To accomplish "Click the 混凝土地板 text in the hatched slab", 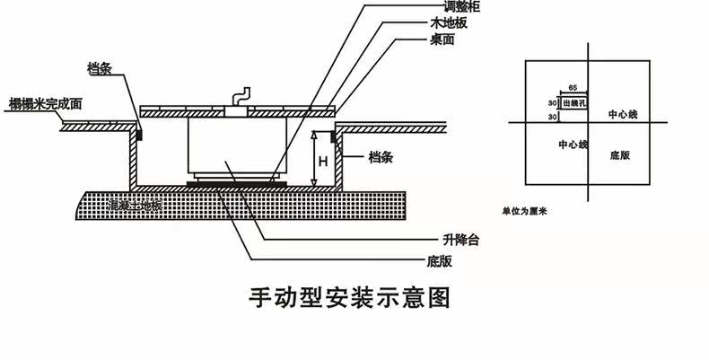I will [135, 206].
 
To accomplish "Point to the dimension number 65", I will [573, 88].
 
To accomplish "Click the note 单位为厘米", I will [524, 213].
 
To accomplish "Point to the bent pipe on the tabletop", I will [240, 98].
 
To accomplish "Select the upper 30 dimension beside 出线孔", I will [553, 103].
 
